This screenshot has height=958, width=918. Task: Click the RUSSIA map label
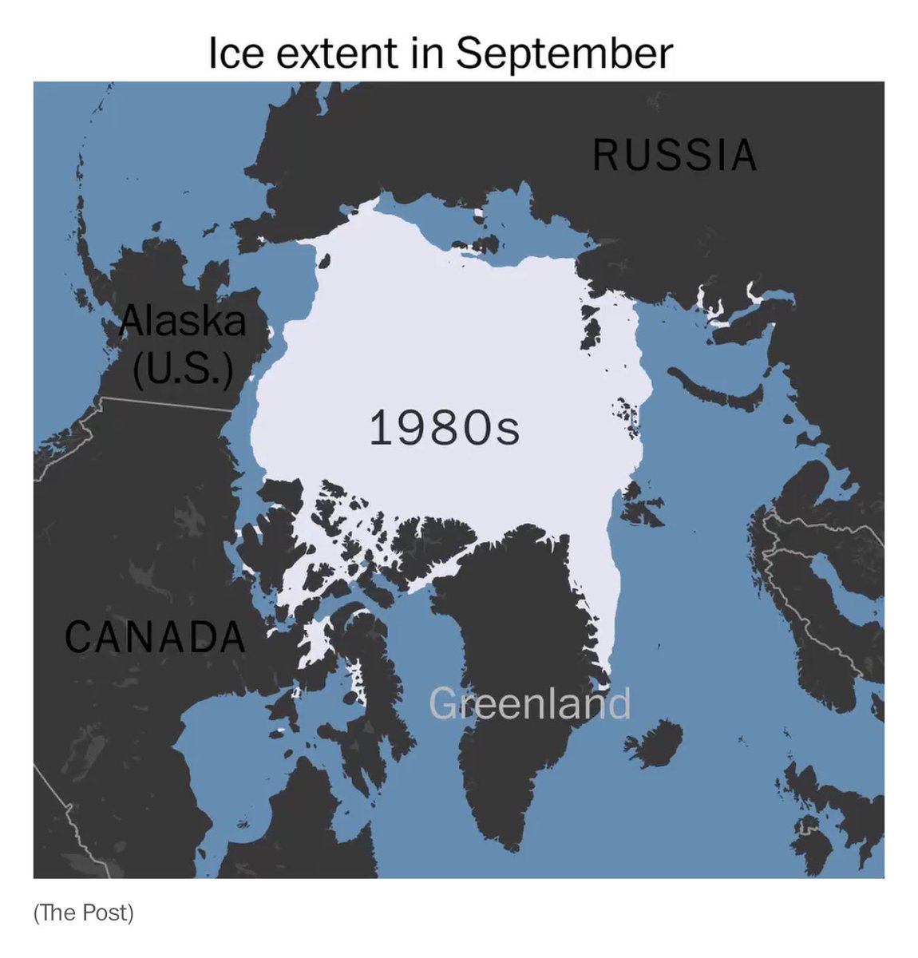[x=675, y=155]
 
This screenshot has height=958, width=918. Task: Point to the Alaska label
[x=183, y=322]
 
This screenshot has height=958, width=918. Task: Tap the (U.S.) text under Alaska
[x=184, y=369]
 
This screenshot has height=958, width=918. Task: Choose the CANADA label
[x=154, y=636]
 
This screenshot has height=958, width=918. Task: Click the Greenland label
[x=529, y=703]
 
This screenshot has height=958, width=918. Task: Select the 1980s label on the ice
[x=444, y=428]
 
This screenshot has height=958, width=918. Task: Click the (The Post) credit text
[x=84, y=912]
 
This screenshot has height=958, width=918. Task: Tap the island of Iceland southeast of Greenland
[x=655, y=742]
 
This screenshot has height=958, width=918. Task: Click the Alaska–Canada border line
[x=168, y=402]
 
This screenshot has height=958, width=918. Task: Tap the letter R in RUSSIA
[x=605, y=155]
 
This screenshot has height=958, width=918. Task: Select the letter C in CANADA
[x=78, y=636]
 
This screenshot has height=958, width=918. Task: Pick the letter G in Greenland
[x=441, y=703]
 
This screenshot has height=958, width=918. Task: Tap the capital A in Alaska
[x=132, y=322]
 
